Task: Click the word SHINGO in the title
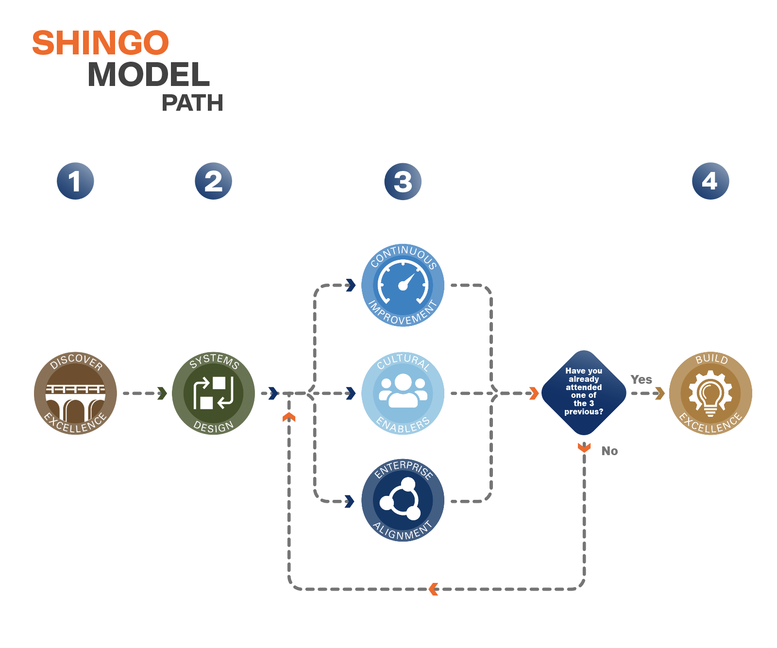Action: [101, 43]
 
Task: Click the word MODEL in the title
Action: [149, 75]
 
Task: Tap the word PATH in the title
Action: [192, 103]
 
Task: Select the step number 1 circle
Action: [75, 181]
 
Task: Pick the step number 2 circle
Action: [213, 181]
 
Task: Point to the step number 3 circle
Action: [403, 182]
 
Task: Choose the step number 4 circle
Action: [710, 181]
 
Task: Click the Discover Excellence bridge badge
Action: [75, 393]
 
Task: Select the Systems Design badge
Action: [213, 393]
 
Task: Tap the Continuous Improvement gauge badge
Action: [403, 285]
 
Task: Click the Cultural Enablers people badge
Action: [403, 393]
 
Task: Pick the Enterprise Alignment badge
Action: [403, 500]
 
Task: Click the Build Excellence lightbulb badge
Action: [710, 393]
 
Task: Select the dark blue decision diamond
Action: [584, 392]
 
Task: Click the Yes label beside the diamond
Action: [641, 379]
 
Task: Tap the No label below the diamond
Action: [609, 451]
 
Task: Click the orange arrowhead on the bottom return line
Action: [433, 589]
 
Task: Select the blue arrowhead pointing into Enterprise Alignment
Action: [350, 501]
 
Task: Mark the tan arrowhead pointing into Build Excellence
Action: [659, 393]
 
